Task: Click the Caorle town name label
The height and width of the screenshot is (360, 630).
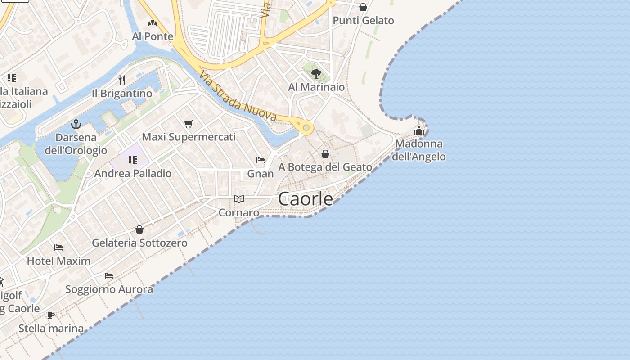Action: tap(306, 199)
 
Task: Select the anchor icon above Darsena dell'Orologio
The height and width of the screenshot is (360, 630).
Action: tap(76, 124)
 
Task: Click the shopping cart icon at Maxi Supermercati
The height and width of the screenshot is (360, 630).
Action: tap(189, 124)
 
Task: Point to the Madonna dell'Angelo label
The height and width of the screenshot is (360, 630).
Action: tap(419, 150)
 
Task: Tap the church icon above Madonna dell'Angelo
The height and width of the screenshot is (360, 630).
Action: tap(419, 131)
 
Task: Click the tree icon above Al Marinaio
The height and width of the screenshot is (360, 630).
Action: tap(316, 73)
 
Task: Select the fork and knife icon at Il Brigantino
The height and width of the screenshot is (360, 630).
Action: tap(122, 80)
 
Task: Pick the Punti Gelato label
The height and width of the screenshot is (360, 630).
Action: tap(363, 21)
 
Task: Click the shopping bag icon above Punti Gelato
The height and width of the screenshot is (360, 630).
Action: tap(363, 7)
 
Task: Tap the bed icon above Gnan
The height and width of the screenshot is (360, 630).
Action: tap(261, 160)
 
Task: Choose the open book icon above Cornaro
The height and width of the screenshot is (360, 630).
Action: tap(239, 199)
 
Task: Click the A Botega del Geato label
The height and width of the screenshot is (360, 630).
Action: tap(325, 167)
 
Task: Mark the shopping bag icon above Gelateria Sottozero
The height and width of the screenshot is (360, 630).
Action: tap(139, 229)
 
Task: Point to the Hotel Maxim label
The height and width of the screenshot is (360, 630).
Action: tap(58, 261)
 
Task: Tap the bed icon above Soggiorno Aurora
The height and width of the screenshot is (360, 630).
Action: tap(109, 275)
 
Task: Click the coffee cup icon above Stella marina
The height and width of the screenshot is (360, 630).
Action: tap(51, 315)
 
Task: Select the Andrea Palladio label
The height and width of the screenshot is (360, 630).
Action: tap(133, 173)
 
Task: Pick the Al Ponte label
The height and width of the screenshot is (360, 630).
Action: tap(153, 36)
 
